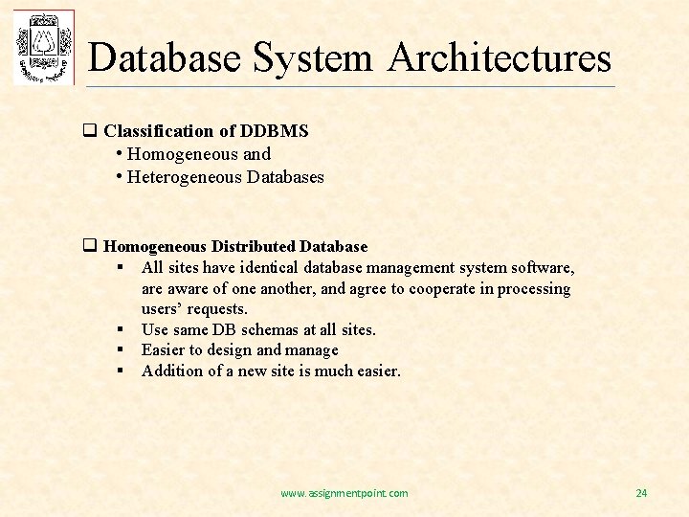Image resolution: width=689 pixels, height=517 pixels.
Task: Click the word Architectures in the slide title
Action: pyautogui.click(x=500, y=57)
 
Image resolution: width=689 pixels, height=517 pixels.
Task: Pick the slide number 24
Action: pyautogui.click(x=641, y=493)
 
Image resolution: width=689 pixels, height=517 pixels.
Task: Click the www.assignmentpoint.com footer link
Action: pyautogui.click(x=344, y=493)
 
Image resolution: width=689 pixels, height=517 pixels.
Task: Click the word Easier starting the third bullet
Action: pyautogui.click(x=164, y=349)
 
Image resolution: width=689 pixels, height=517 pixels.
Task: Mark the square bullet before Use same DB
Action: pyautogui.click(x=122, y=330)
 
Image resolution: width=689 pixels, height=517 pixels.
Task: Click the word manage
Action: pyautogui.click(x=312, y=349)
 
